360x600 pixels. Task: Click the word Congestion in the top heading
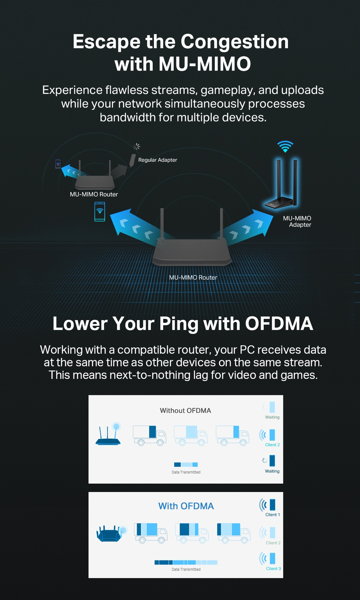click(x=234, y=42)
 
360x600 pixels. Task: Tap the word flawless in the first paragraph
click(x=127, y=90)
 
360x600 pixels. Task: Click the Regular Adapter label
click(x=157, y=160)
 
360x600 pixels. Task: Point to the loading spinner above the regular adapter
click(x=137, y=146)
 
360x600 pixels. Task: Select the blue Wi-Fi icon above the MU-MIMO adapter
click(x=285, y=146)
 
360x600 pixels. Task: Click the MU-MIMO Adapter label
click(x=297, y=222)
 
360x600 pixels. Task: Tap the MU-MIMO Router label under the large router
click(x=193, y=277)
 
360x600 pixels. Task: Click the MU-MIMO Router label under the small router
click(x=94, y=194)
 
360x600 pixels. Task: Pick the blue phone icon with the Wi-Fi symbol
click(x=100, y=211)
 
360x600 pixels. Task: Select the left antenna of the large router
click(x=162, y=223)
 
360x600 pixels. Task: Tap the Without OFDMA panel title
click(x=185, y=410)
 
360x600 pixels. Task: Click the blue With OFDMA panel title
click(x=186, y=506)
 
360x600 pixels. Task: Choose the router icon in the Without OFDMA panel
click(x=108, y=435)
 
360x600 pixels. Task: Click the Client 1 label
click(x=272, y=515)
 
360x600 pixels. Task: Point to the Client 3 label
click(x=273, y=569)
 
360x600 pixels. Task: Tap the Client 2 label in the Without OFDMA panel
click(x=272, y=445)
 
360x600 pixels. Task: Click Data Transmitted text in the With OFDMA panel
click(x=186, y=569)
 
